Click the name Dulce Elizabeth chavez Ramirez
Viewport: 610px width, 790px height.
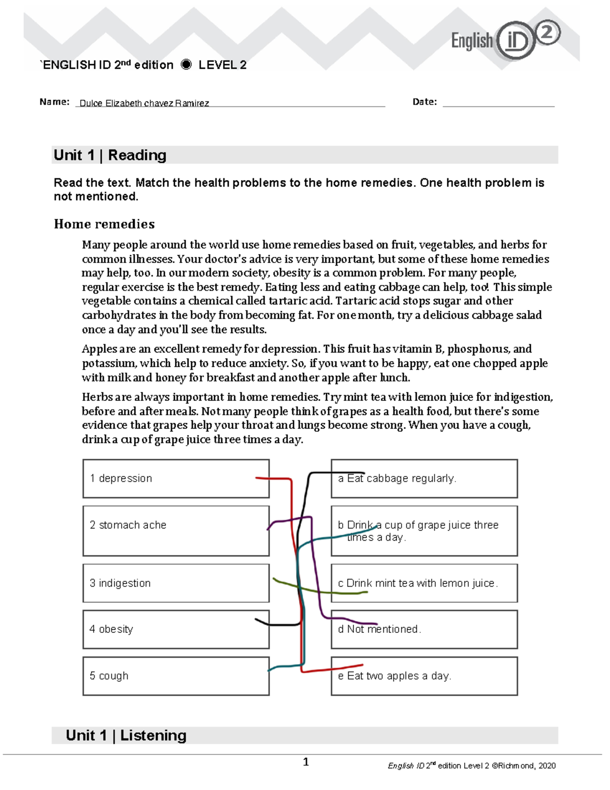(144, 103)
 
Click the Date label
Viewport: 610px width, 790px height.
(424, 102)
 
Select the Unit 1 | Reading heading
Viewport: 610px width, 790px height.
(110, 155)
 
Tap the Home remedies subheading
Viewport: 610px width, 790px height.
(104, 224)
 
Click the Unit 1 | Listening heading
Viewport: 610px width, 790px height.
(126, 736)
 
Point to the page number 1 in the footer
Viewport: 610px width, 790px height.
(306, 762)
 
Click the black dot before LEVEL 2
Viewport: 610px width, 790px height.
(186, 65)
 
